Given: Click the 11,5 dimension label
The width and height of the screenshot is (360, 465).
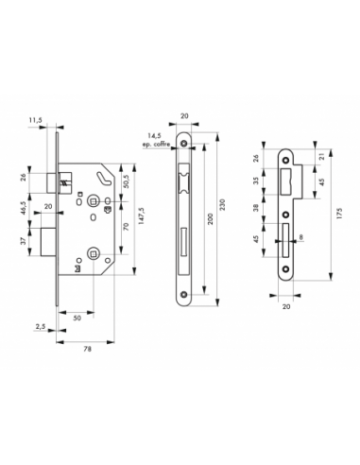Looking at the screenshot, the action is [x=35, y=120].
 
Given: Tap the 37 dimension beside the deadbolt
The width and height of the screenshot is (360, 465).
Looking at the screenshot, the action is [x=23, y=242].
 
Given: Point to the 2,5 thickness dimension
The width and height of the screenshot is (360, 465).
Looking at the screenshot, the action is [x=41, y=327].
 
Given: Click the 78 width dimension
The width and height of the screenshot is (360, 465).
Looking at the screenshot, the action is [x=88, y=349].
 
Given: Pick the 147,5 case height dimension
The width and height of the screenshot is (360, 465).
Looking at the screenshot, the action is [x=142, y=215].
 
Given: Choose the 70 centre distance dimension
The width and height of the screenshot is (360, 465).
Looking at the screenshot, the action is [x=127, y=227].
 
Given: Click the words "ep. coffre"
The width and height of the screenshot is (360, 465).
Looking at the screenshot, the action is [x=156, y=145].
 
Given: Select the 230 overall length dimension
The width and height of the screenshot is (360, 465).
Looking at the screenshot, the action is [x=222, y=204].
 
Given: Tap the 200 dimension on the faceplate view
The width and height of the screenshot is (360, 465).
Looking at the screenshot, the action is [x=211, y=218].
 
